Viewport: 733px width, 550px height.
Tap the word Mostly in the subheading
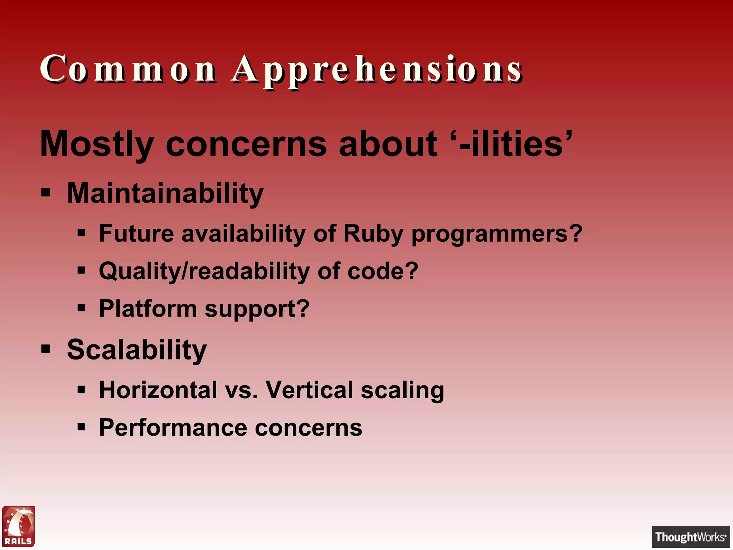(x=97, y=144)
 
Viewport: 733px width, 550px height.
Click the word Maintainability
(x=165, y=193)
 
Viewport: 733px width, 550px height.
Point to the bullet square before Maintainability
(x=45, y=192)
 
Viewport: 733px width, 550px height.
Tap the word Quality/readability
(x=204, y=271)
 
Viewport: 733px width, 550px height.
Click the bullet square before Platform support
(x=81, y=308)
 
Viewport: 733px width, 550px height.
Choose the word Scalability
(x=137, y=350)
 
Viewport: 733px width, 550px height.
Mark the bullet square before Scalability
(x=45, y=348)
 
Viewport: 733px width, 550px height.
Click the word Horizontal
(x=158, y=390)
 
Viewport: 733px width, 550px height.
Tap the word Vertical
(x=309, y=390)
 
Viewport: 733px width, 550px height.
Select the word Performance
(x=173, y=428)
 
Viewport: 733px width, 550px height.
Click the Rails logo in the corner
(x=19, y=526)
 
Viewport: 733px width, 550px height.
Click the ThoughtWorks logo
(x=690, y=537)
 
